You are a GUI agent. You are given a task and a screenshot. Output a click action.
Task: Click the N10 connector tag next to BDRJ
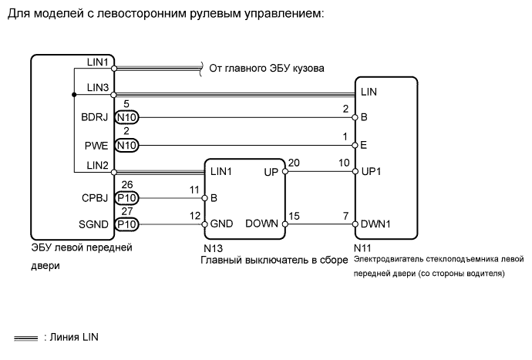pos(126,118)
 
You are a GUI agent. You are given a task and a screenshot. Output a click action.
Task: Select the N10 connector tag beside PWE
pos(126,144)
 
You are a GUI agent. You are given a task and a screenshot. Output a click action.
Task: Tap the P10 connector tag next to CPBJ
pos(126,198)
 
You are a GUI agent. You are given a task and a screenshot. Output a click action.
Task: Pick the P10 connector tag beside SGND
pos(126,224)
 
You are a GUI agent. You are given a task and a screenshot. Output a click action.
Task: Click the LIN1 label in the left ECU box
pos(100,62)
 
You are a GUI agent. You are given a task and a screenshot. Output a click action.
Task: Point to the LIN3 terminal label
pos(100,86)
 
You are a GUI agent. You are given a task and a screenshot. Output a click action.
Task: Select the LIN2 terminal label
pos(100,164)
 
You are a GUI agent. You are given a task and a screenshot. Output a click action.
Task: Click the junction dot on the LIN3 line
pos(73,95)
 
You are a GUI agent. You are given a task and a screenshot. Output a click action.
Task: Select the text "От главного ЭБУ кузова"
pos(267,68)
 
